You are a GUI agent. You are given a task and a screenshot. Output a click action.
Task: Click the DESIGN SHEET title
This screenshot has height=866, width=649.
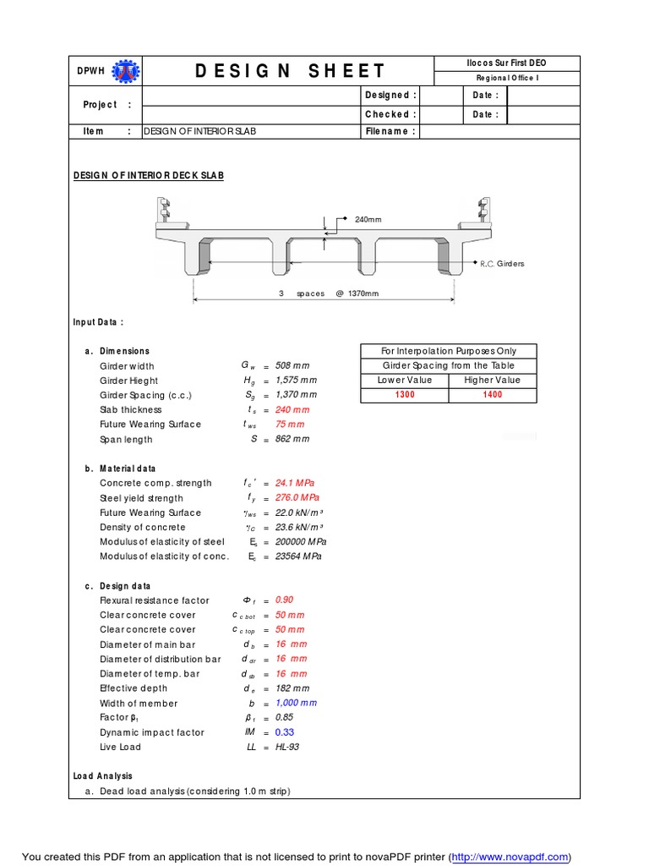click(290, 71)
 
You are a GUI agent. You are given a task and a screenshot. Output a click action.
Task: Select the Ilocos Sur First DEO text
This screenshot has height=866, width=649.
click(506, 63)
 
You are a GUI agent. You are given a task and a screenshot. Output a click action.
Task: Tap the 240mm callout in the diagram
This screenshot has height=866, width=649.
click(368, 220)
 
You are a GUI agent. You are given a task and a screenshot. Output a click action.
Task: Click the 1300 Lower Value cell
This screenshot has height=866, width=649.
click(405, 395)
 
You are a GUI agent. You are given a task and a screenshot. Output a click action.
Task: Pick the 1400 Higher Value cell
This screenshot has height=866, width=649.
click(493, 395)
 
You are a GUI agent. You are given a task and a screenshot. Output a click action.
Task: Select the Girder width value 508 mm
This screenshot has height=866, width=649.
click(292, 366)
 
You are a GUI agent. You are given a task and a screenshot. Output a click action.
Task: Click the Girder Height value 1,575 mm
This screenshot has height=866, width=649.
click(297, 381)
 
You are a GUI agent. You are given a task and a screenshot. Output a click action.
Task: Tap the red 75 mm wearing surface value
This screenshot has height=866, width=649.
click(290, 425)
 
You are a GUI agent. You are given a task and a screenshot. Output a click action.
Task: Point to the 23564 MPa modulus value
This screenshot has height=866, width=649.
click(298, 556)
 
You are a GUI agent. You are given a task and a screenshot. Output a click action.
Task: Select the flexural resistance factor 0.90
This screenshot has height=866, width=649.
click(284, 600)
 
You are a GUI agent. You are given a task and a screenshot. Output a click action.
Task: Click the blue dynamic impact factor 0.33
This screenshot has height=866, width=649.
click(285, 732)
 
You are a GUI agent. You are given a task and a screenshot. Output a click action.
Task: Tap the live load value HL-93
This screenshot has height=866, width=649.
click(287, 747)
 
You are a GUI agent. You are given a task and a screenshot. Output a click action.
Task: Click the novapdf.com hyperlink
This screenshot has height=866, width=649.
click(511, 857)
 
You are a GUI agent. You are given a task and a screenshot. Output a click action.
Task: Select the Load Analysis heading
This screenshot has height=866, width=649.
click(102, 776)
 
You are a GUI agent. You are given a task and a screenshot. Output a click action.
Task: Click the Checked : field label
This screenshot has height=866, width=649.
click(390, 114)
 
